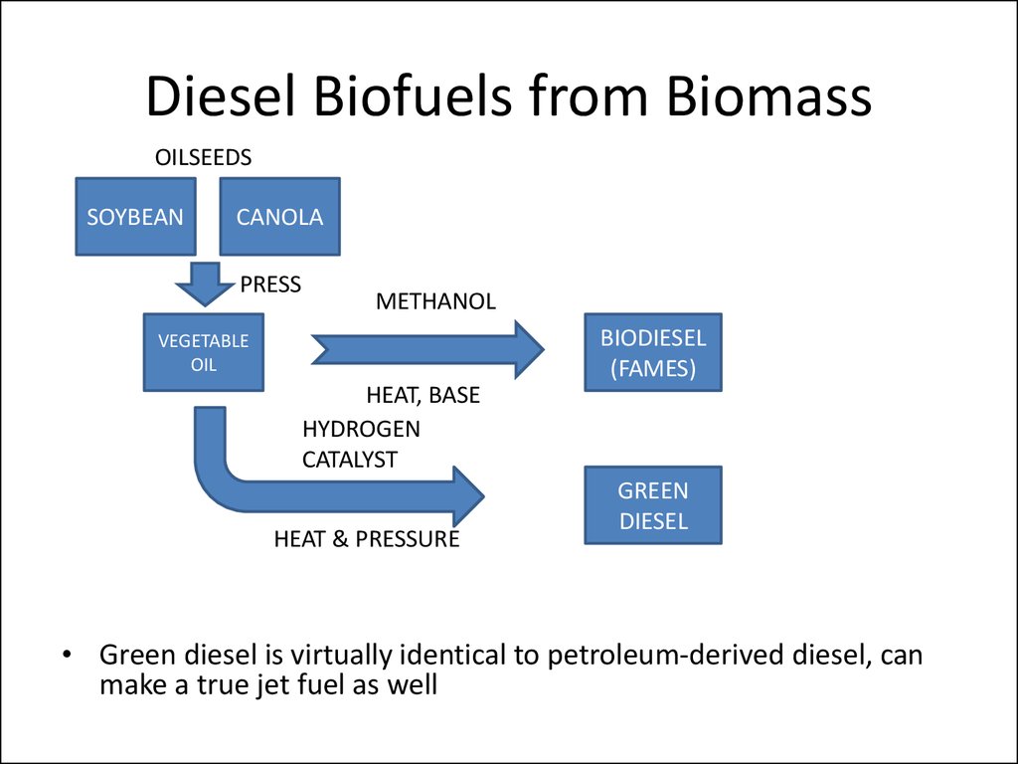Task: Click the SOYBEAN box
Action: pos(135,216)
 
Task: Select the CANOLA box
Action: pos(279,216)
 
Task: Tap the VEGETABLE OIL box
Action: pos(203,352)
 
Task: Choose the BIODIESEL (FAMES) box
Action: pos(653,352)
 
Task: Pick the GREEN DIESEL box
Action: pos(653,504)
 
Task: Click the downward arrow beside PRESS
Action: pos(205,284)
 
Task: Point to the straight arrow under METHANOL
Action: pos(427,349)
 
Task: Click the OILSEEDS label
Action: pos(203,158)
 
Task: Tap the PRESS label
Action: pos(270,285)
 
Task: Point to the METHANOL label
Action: pos(435,301)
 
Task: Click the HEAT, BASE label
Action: pos(423,395)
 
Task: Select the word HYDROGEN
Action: pos(361,429)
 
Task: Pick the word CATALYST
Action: pos(349,460)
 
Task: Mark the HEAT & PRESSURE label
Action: pos(367,539)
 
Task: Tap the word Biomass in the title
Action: pos(768,96)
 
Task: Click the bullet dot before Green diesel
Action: pos(67,655)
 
